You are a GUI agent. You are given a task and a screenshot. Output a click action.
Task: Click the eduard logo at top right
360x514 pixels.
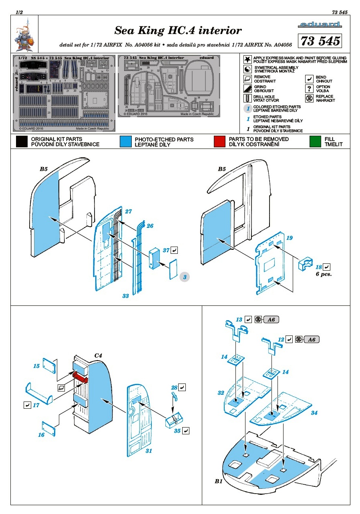tap(320, 25)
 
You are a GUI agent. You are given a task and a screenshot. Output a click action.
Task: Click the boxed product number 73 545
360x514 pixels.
tap(320, 41)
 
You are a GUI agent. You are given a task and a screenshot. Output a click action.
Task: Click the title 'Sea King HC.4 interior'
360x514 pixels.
tap(178, 31)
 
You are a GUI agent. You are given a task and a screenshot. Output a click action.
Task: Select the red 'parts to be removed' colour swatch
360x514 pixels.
tap(219, 142)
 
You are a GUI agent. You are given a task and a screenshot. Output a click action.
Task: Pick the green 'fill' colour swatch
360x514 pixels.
tap(315, 142)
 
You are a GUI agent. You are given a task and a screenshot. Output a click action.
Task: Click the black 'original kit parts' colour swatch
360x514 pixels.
tap(22, 142)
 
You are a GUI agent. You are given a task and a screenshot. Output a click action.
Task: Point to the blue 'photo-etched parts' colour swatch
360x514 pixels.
tap(125, 142)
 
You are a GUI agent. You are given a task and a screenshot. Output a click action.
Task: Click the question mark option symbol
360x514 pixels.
tap(309, 88)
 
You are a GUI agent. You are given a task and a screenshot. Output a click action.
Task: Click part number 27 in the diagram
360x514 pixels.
tap(128, 211)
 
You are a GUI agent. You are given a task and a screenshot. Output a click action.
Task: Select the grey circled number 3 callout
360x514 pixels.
tap(184, 277)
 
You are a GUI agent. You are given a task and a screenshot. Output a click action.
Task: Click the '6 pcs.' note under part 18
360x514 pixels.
tap(324, 275)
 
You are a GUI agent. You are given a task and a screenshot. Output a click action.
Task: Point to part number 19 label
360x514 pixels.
tap(290, 238)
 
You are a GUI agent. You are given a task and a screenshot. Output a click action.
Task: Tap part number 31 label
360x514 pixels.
tap(149, 451)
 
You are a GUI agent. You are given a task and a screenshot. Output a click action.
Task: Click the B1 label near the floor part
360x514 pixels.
tap(218, 481)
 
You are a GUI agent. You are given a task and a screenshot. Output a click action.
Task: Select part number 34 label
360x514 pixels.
tap(314, 413)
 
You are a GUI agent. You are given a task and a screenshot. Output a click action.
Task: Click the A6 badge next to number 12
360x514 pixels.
tap(312, 339)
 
